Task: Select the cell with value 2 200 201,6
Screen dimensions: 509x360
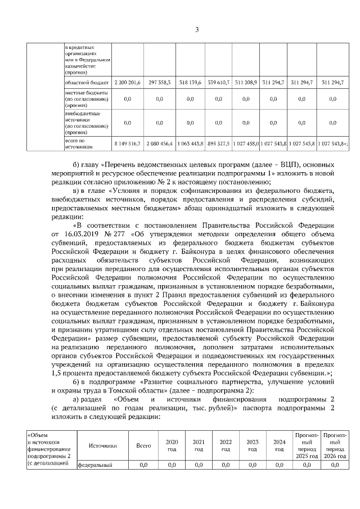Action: (127, 82)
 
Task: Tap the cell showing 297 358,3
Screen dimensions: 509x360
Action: (159, 82)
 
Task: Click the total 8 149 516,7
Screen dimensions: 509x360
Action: (127, 143)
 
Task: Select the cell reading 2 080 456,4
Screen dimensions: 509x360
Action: (159, 143)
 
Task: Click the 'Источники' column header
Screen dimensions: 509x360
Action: (102, 445)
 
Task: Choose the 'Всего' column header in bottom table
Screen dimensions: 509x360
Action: (143, 445)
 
